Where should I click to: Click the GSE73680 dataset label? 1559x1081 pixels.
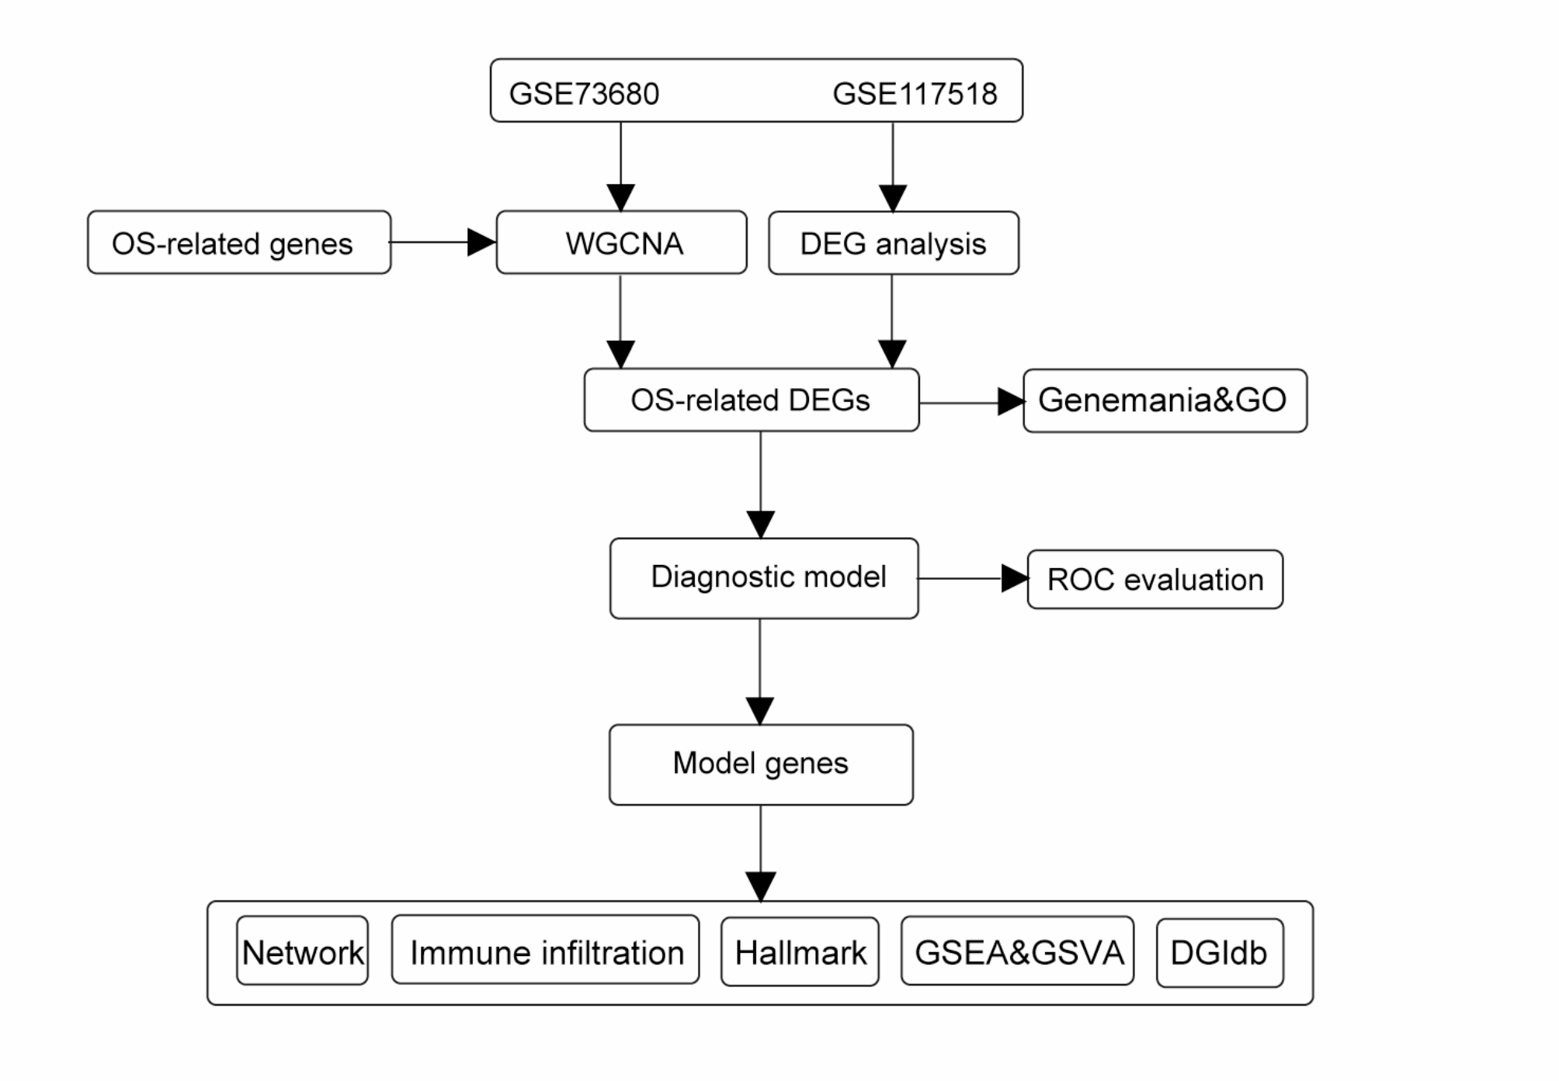(x=584, y=94)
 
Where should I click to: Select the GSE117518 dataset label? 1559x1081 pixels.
(x=915, y=94)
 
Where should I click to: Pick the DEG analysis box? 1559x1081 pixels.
(x=893, y=244)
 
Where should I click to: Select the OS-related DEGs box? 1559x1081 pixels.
(x=751, y=400)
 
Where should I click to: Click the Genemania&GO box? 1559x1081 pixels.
(x=1164, y=400)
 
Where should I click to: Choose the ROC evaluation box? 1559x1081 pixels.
(x=1154, y=580)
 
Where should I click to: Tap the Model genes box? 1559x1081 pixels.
(x=761, y=764)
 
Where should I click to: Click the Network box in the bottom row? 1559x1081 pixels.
(x=302, y=951)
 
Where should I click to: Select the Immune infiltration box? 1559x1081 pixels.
(x=546, y=951)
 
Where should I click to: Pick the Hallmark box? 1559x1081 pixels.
(x=800, y=952)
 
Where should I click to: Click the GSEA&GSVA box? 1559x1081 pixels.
(x=1017, y=951)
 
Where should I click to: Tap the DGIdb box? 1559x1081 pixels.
(x=1219, y=953)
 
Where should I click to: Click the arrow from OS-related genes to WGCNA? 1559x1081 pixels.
(x=443, y=242)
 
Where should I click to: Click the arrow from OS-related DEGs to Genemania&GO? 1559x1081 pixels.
(x=970, y=402)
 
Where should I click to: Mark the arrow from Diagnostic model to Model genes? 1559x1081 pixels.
(x=760, y=671)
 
